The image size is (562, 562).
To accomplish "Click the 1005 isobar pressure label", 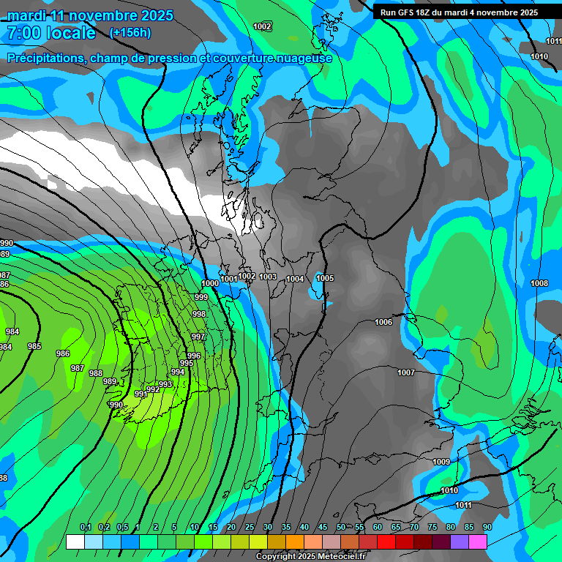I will click(325, 279).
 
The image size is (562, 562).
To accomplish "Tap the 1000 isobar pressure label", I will click(210, 283).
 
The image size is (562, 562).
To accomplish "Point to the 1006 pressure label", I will click(383, 323).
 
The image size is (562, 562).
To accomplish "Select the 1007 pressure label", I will click(406, 373).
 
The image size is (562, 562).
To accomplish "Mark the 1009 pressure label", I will click(441, 462).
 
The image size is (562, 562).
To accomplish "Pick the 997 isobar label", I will click(198, 337).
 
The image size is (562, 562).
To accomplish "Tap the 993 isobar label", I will click(166, 384).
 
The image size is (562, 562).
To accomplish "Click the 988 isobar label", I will click(96, 373).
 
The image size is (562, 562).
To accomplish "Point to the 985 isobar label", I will click(34, 346).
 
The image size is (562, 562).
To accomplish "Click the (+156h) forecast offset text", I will click(130, 32).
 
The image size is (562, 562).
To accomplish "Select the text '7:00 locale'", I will click(51, 33).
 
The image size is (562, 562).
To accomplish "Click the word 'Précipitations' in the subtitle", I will click(44, 58).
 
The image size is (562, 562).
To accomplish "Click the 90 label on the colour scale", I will click(487, 528).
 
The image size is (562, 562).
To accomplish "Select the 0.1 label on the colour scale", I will click(85, 528).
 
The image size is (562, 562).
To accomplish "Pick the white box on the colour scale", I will click(75, 542).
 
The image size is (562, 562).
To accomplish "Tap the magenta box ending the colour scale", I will click(478, 542).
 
